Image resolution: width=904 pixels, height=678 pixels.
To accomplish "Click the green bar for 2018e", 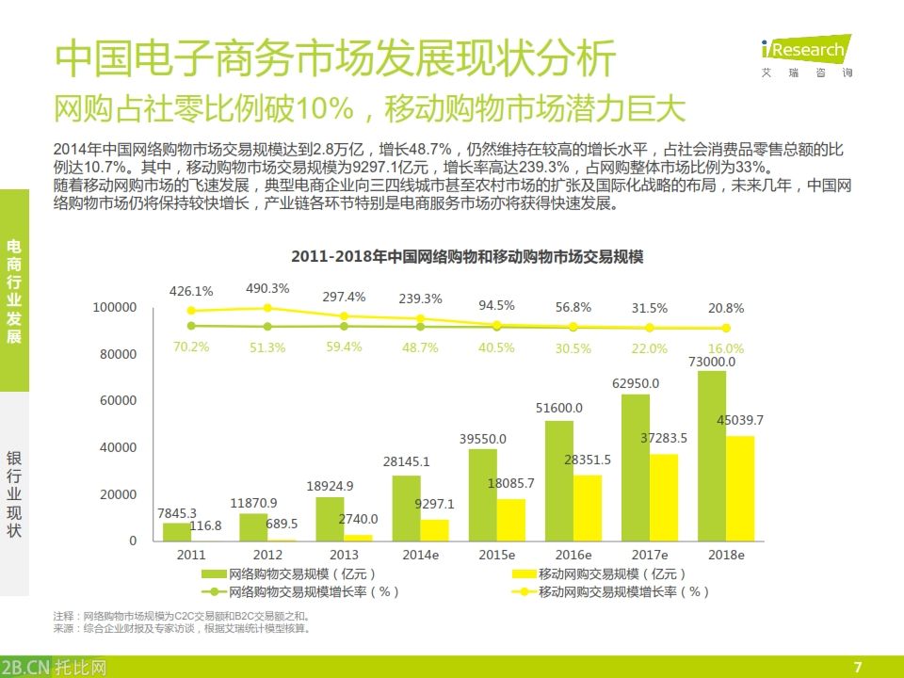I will [x=711, y=456].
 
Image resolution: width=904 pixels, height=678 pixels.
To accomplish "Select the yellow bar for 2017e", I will [x=663, y=497].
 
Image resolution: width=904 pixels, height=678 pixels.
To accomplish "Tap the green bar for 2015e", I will [x=483, y=494].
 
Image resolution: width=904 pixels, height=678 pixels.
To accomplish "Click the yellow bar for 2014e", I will [x=434, y=529].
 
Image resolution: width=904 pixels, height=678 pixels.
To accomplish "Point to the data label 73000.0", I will [x=712, y=362].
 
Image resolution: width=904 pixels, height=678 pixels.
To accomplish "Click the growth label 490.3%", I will [x=267, y=288].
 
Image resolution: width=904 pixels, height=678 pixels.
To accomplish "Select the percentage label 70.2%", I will [x=191, y=347].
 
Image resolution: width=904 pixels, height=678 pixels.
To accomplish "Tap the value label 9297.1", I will [x=434, y=504].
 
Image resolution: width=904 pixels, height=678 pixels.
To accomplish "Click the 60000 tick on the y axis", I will [x=117, y=401].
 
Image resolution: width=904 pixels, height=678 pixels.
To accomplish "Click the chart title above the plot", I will [x=461, y=256].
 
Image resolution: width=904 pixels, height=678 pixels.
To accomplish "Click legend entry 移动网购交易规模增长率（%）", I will [x=610, y=592].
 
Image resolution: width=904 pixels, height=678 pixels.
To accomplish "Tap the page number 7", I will [x=857, y=668].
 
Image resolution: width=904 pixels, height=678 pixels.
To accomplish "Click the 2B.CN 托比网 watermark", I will [x=55, y=667].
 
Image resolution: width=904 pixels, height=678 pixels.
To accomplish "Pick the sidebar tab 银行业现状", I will [x=14, y=494].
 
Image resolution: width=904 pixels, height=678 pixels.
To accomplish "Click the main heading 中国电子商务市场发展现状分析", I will [x=335, y=58].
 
